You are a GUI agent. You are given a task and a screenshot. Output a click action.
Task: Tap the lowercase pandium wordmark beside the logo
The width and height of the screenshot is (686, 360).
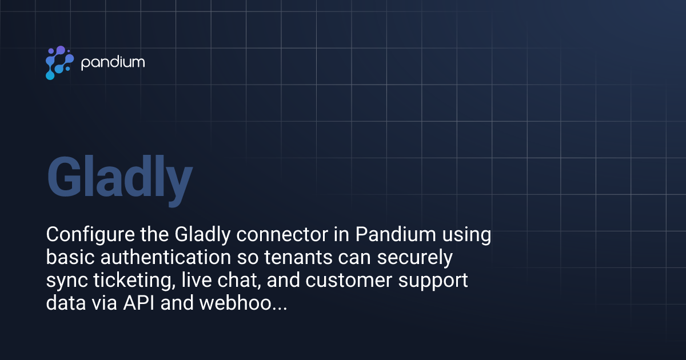click(113, 62)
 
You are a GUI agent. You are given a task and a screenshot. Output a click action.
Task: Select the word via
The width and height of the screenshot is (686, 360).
click(105, 303)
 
